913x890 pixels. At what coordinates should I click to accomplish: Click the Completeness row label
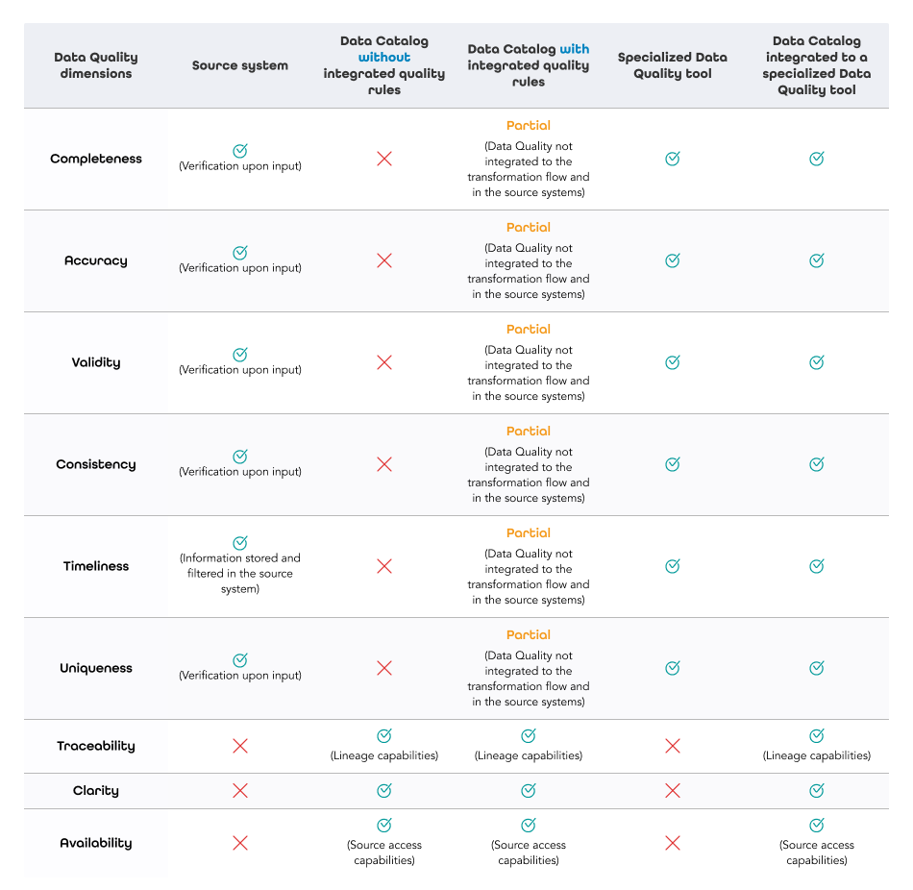(x=96, y=159)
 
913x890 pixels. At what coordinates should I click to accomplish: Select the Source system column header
(x=240, y=65)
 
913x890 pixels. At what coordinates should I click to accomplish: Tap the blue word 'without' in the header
(x=384, y=58)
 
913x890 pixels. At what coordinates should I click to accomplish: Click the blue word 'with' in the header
(x=575, y=49)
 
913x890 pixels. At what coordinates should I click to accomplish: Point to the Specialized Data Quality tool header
(x=673, y=65)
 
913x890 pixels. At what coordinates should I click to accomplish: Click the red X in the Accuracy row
(x=384, y=260)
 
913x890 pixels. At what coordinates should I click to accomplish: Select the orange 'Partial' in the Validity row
(x=529, y=330)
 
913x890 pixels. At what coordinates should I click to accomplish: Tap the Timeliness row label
(x=96, y=566)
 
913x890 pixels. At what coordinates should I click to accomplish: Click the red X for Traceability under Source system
(x=240, y=746)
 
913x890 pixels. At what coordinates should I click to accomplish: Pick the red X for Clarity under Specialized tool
(x=673, y=791)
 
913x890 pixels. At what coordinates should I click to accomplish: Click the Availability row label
(x=96, y=843)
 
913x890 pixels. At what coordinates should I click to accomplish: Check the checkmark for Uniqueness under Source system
(x=240, y=660)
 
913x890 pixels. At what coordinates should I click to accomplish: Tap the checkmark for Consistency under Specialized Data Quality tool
(x=673, y=464)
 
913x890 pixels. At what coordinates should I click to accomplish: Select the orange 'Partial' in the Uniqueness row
(x=529, y=635)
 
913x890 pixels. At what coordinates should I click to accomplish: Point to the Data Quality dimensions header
(x=96, y=65)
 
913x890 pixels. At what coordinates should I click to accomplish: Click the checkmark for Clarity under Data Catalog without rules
(x=384, y=791)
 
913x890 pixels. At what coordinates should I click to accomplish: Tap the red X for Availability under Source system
(x=240, y=843)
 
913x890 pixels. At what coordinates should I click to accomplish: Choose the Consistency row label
(x=96, y=464)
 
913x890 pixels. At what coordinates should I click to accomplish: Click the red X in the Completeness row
(x=384, y=159)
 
